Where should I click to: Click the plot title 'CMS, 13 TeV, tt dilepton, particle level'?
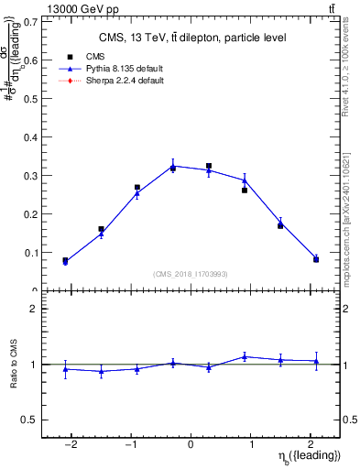(191, 38)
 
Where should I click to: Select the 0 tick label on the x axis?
(191, 445)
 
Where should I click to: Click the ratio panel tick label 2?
(34, 309)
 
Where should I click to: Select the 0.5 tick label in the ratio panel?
(31, 420)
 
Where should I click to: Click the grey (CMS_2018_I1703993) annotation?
(191, 274)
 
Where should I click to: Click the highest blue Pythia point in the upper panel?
(173, 166)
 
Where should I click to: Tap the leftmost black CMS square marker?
(65, 260)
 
